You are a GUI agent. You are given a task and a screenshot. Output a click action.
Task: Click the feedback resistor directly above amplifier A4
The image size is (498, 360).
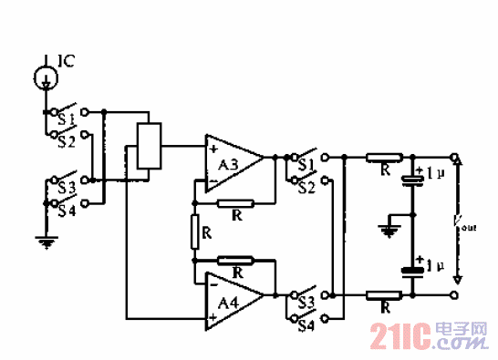235,261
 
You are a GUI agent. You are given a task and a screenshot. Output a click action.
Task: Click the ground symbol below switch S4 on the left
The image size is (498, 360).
42,242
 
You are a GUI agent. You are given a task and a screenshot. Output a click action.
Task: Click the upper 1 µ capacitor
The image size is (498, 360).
413,177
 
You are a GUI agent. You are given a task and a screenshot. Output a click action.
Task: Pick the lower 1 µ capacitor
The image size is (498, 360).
413,269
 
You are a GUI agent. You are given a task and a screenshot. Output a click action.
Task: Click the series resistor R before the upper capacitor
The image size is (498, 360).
384,158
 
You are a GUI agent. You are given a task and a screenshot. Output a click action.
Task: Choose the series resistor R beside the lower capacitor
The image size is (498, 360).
382,294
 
